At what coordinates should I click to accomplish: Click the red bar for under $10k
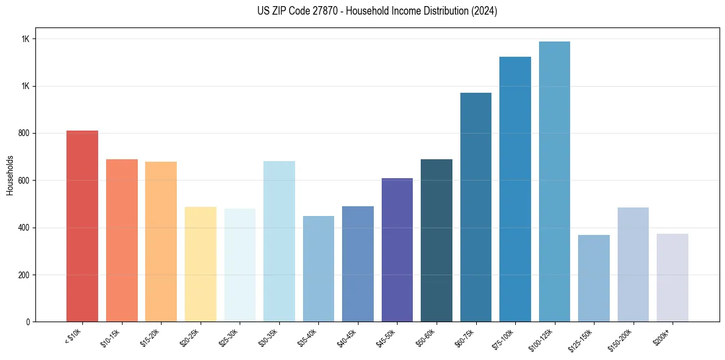(x=82, y=226)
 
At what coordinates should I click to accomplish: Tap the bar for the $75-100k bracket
(x=515, y=189)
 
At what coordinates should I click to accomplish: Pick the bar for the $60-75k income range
(x=476, y=207)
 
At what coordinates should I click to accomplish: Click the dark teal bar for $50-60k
(x=436, y=240)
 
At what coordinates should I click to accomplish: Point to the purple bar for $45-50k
(x=397, y=250)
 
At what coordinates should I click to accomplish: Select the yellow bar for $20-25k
(x=200, y=264)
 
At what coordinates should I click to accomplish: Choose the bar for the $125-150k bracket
(x=593, y=278)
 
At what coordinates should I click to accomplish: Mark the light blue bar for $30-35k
(x=279, y=242)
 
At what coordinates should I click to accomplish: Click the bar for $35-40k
(x=318, y=268)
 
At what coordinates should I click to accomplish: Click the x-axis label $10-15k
(x=111, y=337)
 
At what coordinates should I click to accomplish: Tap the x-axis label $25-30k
(x=229, y=337)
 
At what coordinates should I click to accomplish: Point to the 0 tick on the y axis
(x=27, y=322)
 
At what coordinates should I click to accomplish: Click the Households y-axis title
(x=10, y=175)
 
